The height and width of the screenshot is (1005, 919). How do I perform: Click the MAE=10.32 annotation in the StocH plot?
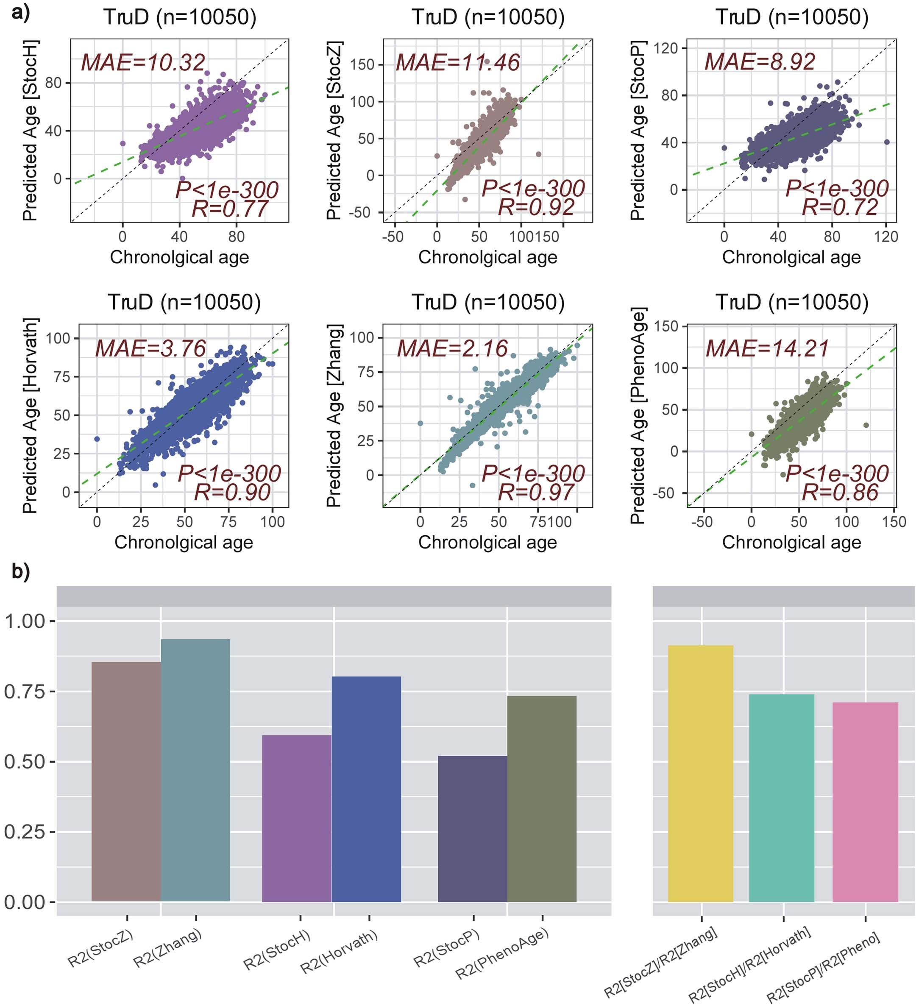(x=143, y=63)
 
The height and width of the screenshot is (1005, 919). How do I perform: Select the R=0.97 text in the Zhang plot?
(x=536, y=493)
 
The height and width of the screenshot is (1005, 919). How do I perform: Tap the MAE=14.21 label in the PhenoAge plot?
(x=767, y=348)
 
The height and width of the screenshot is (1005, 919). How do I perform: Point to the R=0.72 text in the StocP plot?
(x=840, y=207)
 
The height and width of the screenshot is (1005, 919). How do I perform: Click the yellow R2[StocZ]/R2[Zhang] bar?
(x=701, y=773)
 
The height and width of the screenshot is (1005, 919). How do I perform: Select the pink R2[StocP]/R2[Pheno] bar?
(x=865, y=803)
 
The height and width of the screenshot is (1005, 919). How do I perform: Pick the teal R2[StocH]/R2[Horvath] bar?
(x=781, y=798)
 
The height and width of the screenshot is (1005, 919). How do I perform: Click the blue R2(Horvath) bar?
(x=366, y=788)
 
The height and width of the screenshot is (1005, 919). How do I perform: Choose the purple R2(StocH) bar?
(x=297, y=818)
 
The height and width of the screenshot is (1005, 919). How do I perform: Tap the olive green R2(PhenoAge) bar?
(x=542, y=798)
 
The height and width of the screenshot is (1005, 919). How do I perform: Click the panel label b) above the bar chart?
(x=21, y=572)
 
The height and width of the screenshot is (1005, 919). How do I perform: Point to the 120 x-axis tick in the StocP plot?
(x=886, y=236)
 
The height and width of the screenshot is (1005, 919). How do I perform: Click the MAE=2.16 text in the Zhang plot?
(x=452, y=348)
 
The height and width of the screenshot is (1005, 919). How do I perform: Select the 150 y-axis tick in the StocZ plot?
(x=362, y=65)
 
